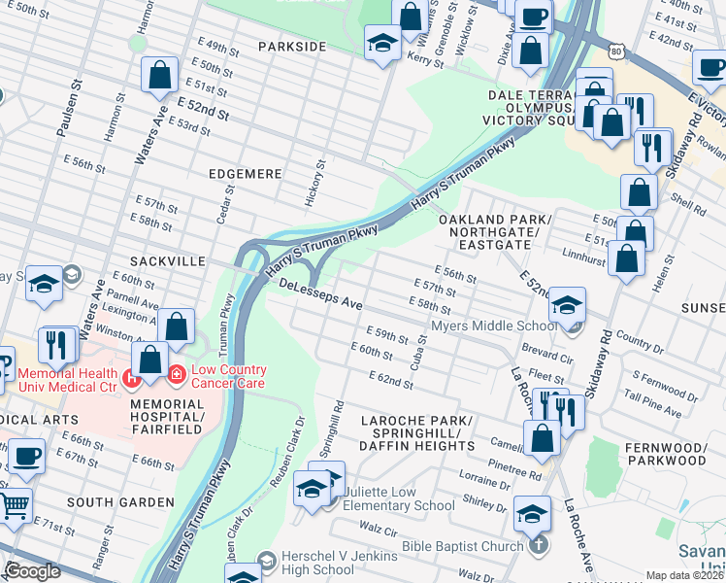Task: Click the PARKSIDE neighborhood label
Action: pos(292,47)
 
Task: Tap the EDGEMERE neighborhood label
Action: pos(245,174)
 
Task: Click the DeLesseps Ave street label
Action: pos(320,295)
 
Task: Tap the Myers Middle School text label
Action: pos(494,326)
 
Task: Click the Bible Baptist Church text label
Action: pos(464,546)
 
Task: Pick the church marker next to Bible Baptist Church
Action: pos(541,546)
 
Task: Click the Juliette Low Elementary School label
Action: pos(392,498)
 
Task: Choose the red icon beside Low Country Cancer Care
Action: pos(177,373)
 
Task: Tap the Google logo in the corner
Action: pos(32,571)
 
